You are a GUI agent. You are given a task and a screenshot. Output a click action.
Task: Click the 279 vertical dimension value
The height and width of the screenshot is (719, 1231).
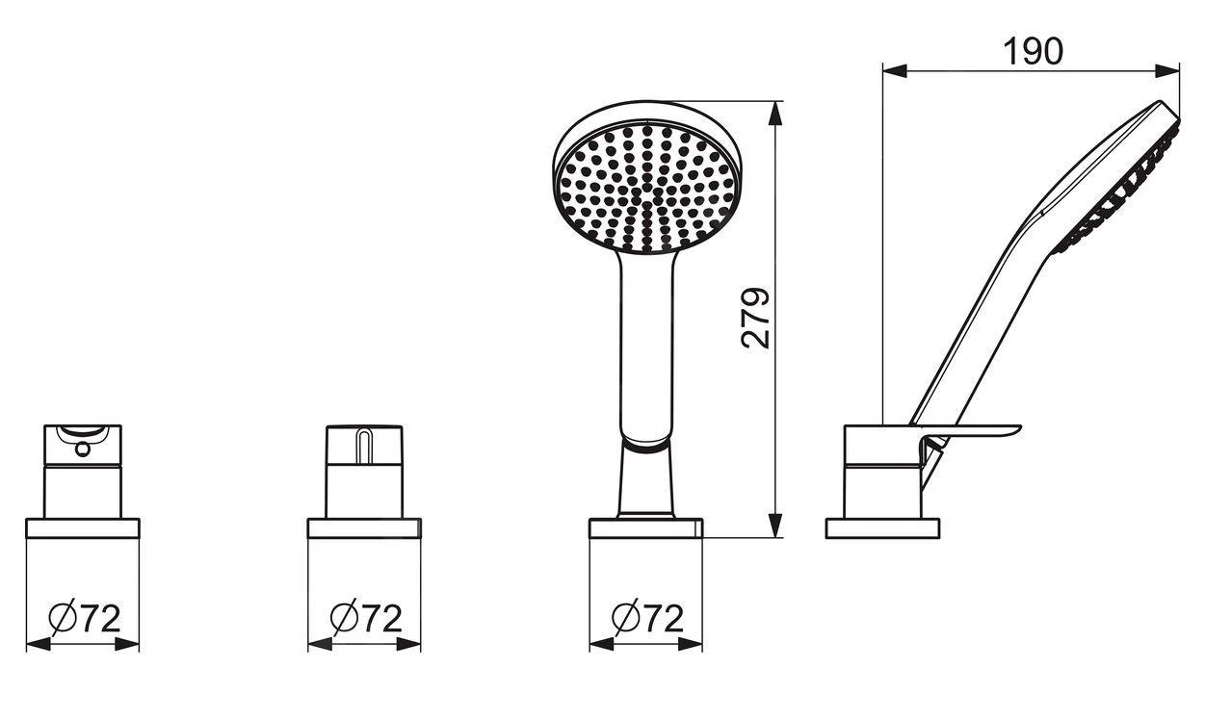point(755,318)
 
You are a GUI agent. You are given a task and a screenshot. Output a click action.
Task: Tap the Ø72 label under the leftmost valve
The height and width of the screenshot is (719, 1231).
point(84,619)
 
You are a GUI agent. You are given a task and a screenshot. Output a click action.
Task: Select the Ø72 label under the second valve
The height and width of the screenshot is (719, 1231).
point(366,619)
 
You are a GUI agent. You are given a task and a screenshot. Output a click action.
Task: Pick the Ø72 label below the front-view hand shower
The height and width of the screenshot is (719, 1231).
point(648,619)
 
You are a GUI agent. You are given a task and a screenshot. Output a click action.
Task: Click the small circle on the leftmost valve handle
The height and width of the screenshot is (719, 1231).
point(83,449)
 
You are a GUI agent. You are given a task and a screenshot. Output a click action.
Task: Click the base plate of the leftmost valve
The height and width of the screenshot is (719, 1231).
point(83,528)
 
